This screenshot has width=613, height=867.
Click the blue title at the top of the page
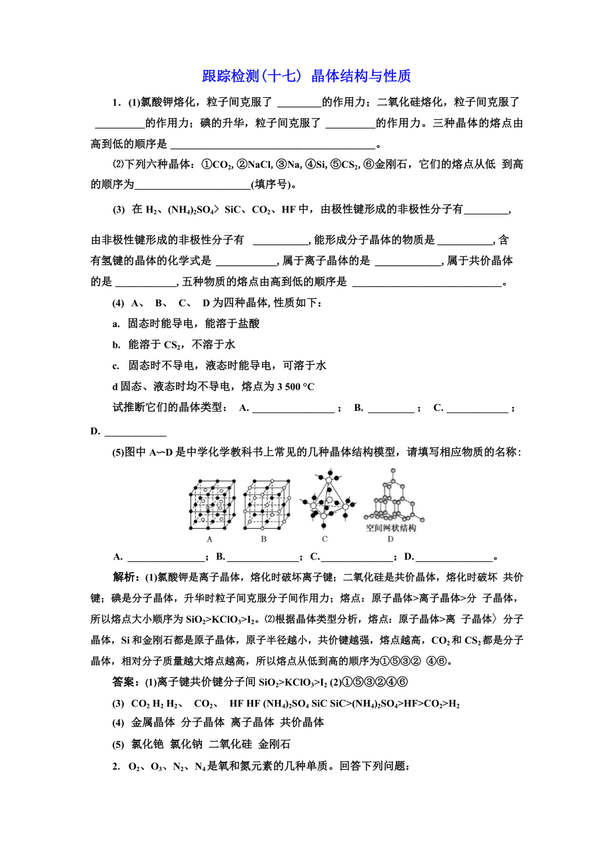tap(306, 76)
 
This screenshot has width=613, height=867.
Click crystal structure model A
tap(211, 503)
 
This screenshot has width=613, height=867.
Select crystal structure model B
tap(266, 503)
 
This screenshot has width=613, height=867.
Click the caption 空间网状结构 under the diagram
tap(391, 527)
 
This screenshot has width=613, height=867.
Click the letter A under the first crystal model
tap(210, 539)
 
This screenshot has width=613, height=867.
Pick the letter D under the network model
tap(390, 539)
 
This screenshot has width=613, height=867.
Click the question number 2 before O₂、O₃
tap(115, 766)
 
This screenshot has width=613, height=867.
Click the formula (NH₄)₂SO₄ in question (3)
tap(194, 210)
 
